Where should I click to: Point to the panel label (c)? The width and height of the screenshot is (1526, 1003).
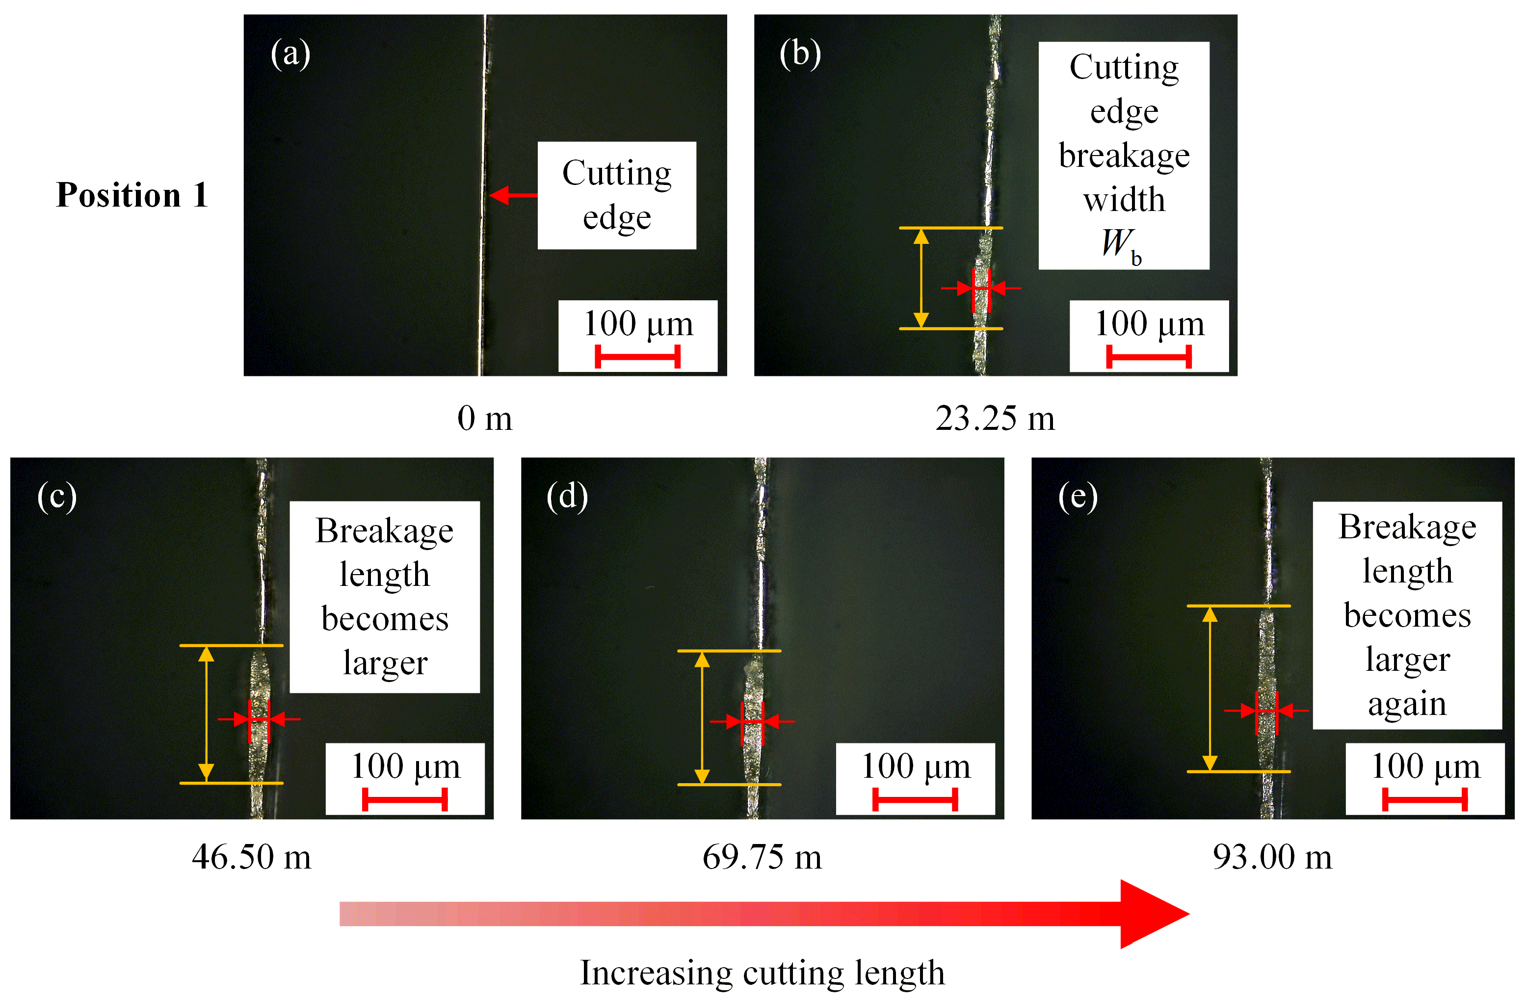tap(57, 497)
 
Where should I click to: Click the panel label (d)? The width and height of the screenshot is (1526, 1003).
tap(567, 497)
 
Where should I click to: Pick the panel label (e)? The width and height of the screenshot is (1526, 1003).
tap(1078, 497)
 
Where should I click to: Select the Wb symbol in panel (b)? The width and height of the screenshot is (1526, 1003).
tap(1121, 245)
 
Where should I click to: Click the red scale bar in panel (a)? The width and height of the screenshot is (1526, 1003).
tap(637, 357)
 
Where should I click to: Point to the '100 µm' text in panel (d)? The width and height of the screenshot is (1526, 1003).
tap(916, 766)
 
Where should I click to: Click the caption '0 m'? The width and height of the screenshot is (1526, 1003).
tap(485, 419)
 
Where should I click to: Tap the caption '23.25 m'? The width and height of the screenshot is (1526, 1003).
tap(995, 419)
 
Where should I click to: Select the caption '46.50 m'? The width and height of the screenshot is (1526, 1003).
tap(251, 857)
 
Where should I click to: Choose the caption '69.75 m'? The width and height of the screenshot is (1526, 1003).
tap(762, 857)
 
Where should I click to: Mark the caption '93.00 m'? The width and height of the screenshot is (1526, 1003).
tap(1272, 857)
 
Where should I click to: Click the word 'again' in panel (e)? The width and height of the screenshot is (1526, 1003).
tap(1407, 705)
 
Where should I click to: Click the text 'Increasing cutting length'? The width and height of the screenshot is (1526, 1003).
tap(763, 973)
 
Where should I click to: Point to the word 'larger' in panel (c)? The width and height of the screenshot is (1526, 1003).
tap(385, 663)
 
